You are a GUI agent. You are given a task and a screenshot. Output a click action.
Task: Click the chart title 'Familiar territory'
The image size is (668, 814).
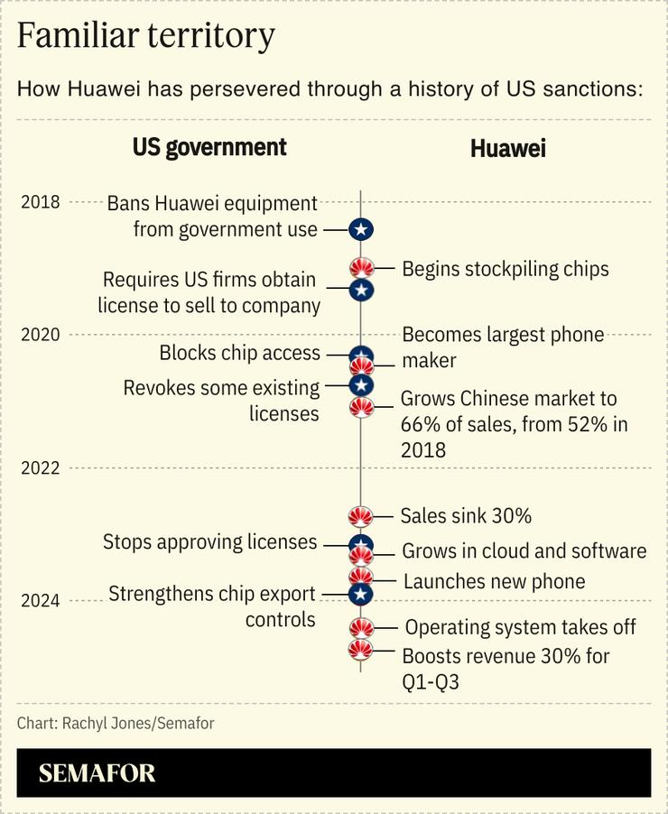coord(145,36)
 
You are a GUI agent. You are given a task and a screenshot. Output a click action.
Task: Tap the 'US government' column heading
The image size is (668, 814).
coord(209,147)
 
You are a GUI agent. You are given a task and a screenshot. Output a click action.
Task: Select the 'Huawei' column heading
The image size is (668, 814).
coord(508,149)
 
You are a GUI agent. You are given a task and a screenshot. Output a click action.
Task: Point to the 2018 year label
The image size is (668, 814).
coord(41,201)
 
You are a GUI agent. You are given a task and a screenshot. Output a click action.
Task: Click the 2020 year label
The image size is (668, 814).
coord(41,335)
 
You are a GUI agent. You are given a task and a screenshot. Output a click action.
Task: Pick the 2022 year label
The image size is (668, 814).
coord(41,467)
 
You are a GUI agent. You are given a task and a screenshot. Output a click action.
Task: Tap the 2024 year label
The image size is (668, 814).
coord(41,601)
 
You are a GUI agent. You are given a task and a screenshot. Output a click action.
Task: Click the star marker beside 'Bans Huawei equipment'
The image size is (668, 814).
coord(361,230)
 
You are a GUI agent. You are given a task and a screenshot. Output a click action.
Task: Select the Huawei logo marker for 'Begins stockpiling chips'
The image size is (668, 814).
coord(361,268)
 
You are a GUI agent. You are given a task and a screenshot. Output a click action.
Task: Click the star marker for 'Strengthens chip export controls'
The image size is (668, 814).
coord(361,594)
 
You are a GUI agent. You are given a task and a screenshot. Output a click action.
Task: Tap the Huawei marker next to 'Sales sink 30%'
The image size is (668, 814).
coord(361,516)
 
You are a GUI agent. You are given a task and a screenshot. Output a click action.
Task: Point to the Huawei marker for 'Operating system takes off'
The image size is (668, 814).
coord(361,627)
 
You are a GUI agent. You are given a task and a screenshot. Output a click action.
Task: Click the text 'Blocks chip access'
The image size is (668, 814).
coord(240,353)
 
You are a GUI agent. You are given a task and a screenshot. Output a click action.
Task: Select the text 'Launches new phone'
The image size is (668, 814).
coord(494,581)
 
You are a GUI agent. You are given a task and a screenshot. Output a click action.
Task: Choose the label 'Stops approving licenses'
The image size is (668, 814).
coord(210,542)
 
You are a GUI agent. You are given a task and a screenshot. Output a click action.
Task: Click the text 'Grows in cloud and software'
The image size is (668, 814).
coord(524,551)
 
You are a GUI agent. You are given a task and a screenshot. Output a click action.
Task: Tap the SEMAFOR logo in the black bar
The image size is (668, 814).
coord(97,773)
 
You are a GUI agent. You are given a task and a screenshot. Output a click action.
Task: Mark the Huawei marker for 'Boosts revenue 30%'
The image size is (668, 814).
coord(361,651)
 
